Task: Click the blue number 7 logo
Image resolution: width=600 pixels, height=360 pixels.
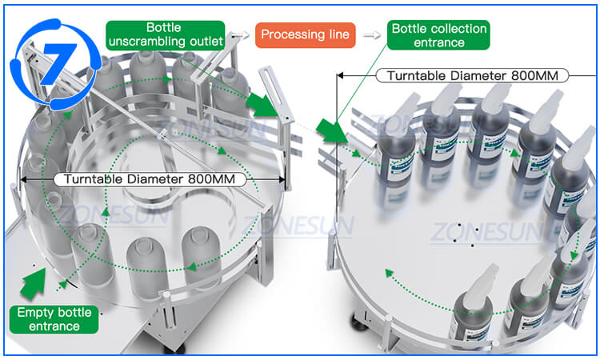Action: [x=46, y=57]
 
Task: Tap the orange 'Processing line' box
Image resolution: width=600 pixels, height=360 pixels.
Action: [x=305, y=34]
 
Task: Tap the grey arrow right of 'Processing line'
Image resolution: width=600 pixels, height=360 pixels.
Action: [x=370, y=34]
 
